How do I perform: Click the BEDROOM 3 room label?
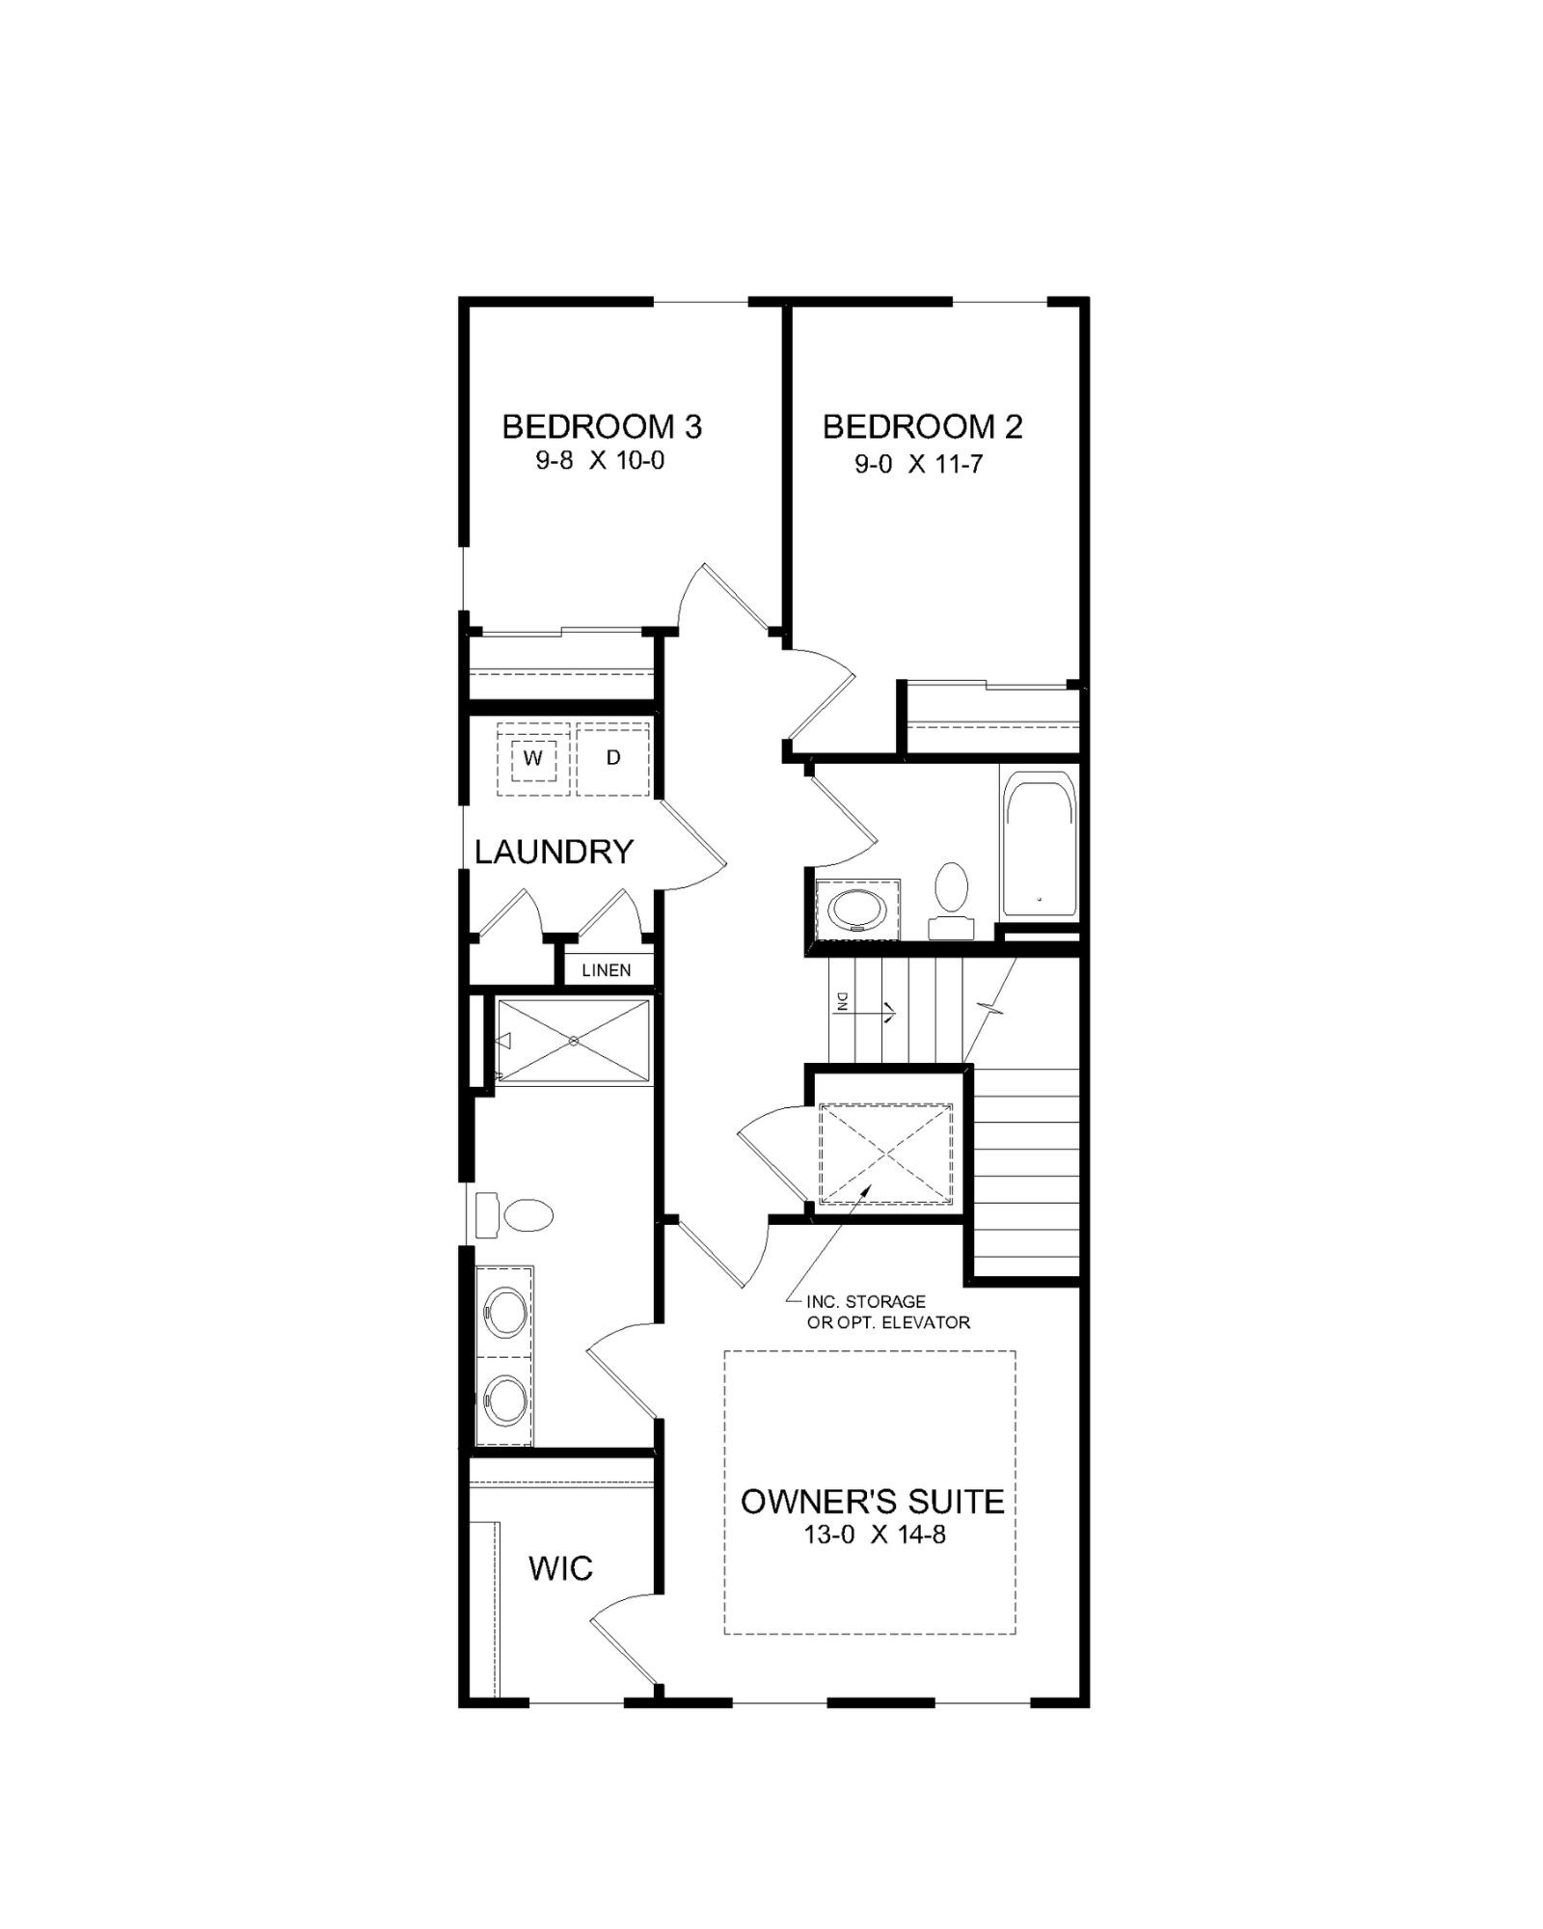point(602,426)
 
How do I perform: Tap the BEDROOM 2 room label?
point(922,426)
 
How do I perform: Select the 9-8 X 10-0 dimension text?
point(600,461)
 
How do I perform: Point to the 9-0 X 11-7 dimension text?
point(918,465)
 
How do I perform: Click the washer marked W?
point(533,758)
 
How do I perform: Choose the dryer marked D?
point(613,758)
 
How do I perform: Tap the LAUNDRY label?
point(554,852)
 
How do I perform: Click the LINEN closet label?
point(607,970)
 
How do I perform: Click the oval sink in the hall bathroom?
point(856,909)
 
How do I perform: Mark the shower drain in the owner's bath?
point(574,1041)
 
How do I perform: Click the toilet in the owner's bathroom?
point(515,1215)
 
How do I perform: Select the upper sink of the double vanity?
point(505,1312)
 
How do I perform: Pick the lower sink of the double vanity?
point(505,1399)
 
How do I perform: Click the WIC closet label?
point(560,1569)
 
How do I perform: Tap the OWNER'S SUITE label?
point(873,1502)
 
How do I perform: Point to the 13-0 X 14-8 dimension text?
point(875,1535)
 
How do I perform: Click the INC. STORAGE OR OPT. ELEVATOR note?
point(888,1312)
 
